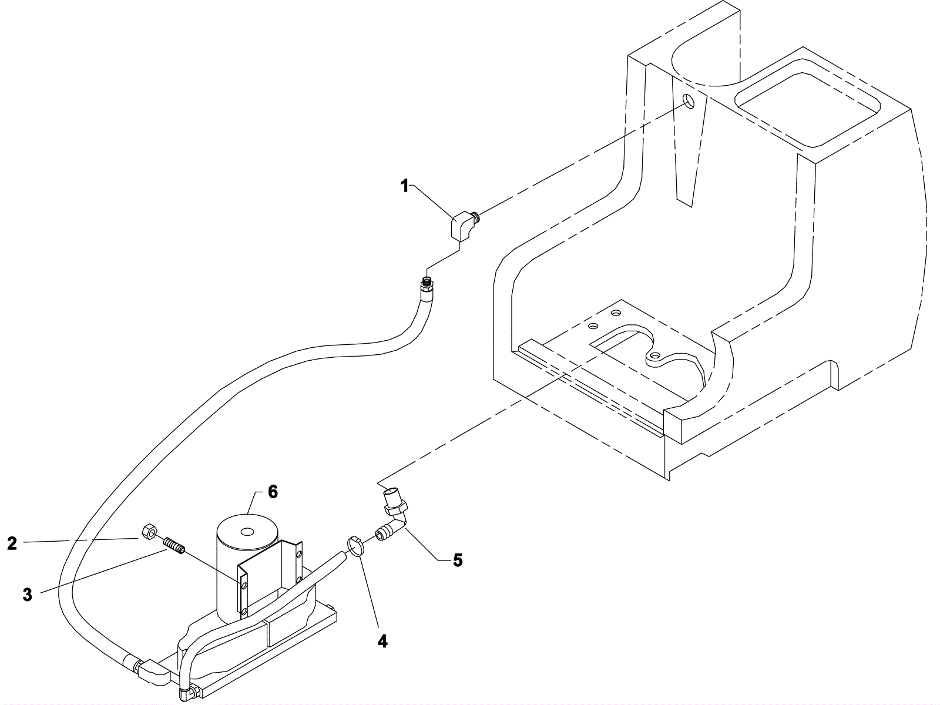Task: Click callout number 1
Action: (x=404, y=186)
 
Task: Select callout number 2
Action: (x=12, y=543)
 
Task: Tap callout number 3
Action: (x=28, y=595)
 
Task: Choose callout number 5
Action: (x=458, y=560)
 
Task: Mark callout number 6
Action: (x=273, y=492)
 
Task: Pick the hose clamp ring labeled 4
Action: (x=355, y=546)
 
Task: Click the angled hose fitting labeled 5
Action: (x=392, y=515)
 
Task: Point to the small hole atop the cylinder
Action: (x=247, y=532)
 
